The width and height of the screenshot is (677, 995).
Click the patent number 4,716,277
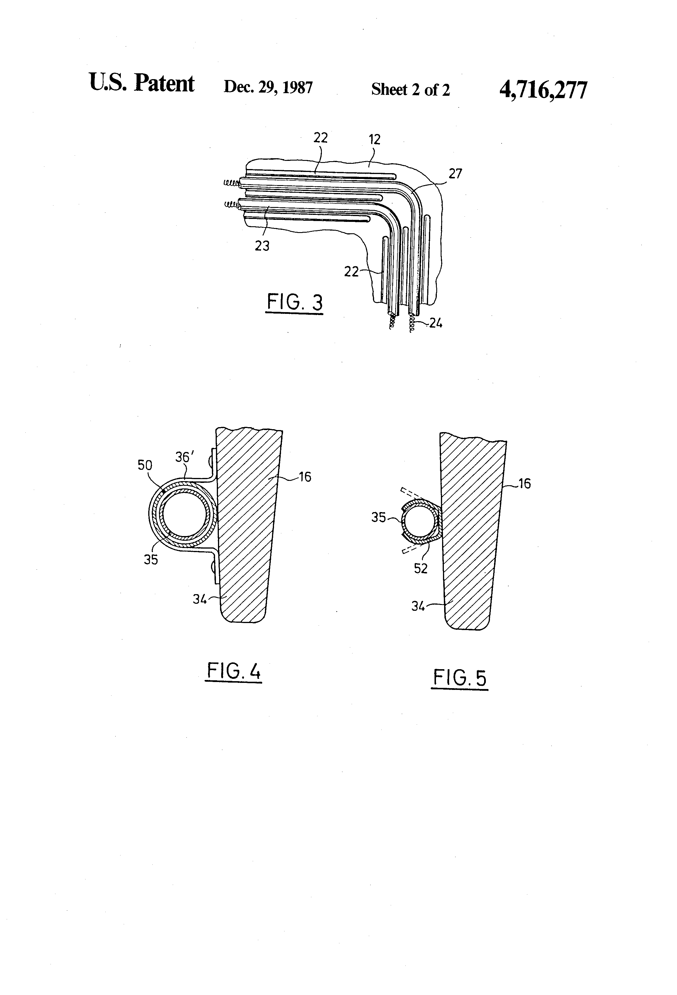point(543,90)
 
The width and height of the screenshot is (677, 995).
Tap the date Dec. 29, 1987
point(268,87)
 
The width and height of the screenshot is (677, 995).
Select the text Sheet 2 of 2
point(410,89)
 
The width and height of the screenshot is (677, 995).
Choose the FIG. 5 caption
point(460,678)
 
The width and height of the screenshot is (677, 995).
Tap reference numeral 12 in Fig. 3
point(374,140)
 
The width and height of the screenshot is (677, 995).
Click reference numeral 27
point(455,173)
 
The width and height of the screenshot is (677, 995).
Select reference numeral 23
point(262,246)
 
